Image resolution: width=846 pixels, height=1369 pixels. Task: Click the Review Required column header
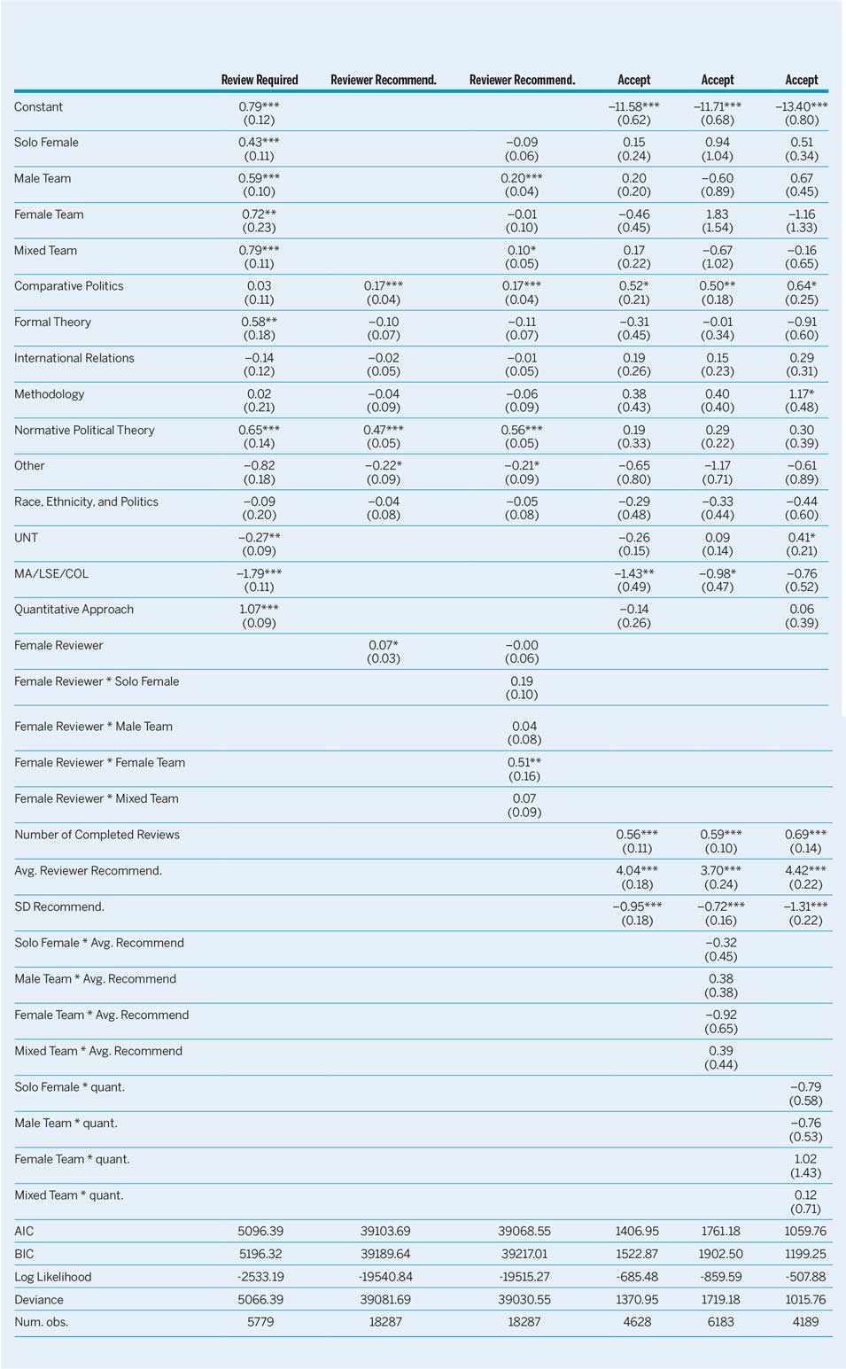(x=259, y=80)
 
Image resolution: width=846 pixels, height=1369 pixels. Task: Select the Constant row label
(x=38, y=107)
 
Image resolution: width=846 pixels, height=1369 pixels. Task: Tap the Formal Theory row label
(x=52, y=323)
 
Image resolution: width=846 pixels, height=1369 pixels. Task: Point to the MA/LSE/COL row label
(x=51, y=573)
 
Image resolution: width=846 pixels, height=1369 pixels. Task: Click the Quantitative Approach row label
(x=74, y=610)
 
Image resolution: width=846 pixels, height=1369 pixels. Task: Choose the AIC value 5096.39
(x=260, y=1231)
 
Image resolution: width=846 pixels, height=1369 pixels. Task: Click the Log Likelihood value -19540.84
(x=385, y=1277)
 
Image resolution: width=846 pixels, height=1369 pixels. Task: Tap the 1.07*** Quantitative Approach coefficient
(x=259, y=610)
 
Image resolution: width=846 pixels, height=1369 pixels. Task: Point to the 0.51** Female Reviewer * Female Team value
(x=524, y=763)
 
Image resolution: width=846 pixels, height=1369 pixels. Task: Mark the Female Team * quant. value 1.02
(x=805, y=1159)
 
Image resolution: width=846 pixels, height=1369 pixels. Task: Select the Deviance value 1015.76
(x=805, y=1300)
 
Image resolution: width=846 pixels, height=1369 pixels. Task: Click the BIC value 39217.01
(x=524, y=1254)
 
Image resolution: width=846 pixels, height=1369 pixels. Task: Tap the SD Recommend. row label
(x=59, y=907)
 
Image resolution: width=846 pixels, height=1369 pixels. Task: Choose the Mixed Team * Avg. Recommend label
(x=98, y=1051)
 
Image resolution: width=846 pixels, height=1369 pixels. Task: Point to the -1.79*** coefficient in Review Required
(x=259, y=573)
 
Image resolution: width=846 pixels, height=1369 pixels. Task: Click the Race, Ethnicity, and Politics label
(x=86, y=502)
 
